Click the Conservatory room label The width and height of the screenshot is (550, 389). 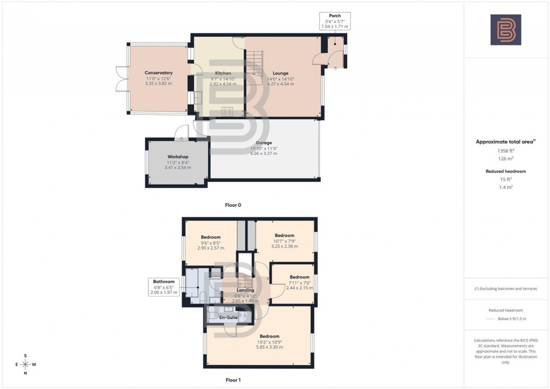tap(159, 73)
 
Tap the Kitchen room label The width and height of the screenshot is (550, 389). tap(223, 73)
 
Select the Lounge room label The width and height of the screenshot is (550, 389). tap(280, 73)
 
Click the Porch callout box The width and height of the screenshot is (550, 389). tap(335, 21)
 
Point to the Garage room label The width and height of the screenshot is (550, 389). tap(263, 143)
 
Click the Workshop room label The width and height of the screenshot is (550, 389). tap(177, 157)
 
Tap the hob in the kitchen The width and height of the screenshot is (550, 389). tap(228, 112)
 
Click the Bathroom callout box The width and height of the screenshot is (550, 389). tap(164, 286)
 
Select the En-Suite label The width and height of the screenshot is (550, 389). tap(228, 317)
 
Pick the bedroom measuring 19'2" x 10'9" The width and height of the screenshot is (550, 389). tap(269, 336)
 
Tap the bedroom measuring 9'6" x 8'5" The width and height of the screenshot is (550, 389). tap(211, 237)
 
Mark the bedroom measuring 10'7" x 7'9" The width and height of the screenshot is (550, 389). tap(284, 236)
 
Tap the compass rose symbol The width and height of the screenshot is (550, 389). tap(25, 364)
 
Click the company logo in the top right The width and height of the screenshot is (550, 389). tap(506, 30)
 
